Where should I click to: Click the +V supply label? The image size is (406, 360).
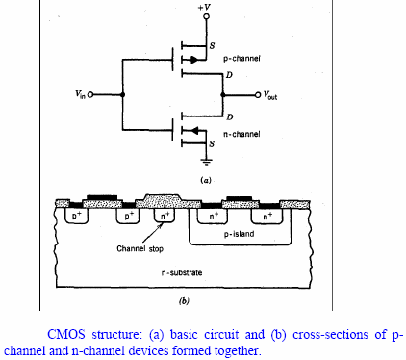(x=204, y=9)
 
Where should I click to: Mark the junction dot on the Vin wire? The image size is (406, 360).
(x=123, y=94)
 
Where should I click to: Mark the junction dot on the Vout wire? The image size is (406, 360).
(x=222, y=94)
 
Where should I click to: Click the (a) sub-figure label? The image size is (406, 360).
(x=205, y=180)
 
